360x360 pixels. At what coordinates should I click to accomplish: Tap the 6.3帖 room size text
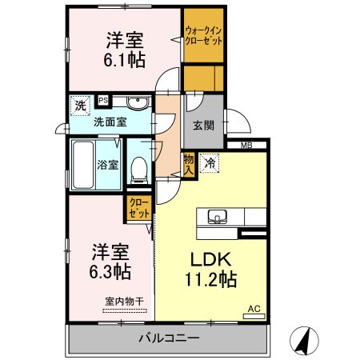(110, 271)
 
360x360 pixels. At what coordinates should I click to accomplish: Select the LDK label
(211, 261)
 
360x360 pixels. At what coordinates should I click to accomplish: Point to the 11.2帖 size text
(211, 281)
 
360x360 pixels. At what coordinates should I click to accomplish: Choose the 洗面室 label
(110, 122)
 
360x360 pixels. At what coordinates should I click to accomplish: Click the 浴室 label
(109, 165)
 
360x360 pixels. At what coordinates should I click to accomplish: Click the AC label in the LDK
(254, 308)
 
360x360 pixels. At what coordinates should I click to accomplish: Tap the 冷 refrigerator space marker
(209, 162)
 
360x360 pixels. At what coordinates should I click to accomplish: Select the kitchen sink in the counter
(218, 216)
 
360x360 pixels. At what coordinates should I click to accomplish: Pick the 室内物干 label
(124, 301)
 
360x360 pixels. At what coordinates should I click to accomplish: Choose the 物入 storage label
(189, 164)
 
